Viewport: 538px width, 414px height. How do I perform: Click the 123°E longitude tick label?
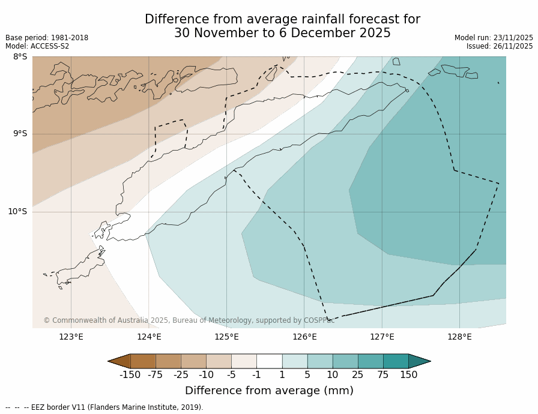[x=71, y=337]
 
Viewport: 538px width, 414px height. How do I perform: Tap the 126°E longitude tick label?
[x=304, y=337]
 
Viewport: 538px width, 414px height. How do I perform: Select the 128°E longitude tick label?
[x=459, y=337]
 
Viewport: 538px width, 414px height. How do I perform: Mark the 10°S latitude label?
[x=17, y=211]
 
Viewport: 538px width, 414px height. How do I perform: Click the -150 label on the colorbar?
[x=130, y=375]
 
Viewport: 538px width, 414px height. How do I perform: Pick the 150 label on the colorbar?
[x=409, y=375]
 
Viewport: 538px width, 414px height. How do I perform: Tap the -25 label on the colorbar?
[x=181, y=375]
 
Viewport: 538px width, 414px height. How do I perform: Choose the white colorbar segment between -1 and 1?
[x=269, y=361]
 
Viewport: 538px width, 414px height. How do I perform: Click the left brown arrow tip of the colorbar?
[x=111, y=361]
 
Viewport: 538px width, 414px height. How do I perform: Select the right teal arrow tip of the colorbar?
[x=427, y=361]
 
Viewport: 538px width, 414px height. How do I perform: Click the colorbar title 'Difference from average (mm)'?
[x=269, y=391]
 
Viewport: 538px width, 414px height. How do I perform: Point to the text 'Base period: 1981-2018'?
[x=47, y=38]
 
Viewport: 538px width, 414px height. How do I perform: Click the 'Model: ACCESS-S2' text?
[x=37, y=46]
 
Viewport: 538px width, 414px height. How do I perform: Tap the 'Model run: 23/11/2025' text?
[x=494, y=38]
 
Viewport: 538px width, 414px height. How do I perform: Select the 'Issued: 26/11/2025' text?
[x=500, y=46]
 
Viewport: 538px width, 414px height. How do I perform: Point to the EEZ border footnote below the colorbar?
[x=104, y=407]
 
